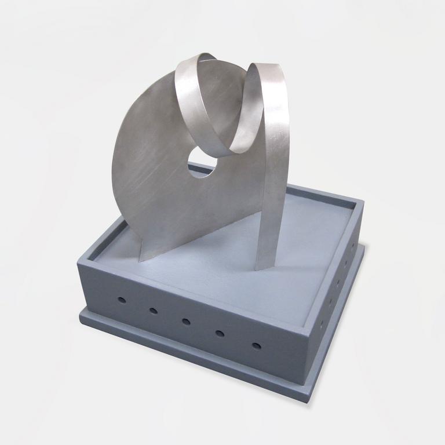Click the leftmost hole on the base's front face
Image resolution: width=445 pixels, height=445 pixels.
click(122, 300)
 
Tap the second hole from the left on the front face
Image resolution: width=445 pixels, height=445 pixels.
click(154, 311)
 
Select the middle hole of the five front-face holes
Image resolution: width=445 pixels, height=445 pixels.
click(186, 322)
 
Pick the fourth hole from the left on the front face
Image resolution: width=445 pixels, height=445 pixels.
click(220, 333)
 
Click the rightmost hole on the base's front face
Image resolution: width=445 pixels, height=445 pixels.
click(257, 346)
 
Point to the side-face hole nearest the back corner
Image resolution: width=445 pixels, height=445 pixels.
click(353, 246)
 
